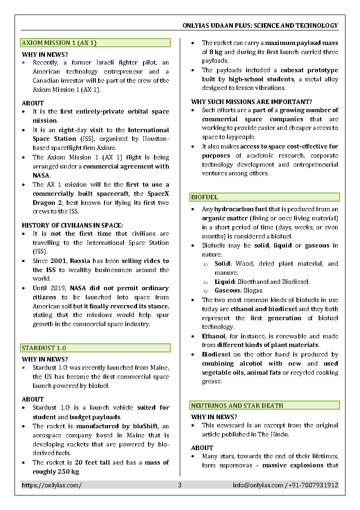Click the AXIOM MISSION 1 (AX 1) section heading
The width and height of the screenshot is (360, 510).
pos(59,43)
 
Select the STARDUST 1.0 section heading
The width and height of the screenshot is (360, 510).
pos(44,348)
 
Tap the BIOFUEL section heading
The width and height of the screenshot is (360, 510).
pos(204,197)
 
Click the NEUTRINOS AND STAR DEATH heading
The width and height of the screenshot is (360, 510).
pos(237,405)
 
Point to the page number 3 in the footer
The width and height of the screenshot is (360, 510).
pos(179,485)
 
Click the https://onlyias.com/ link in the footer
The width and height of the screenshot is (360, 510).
pos(52,485)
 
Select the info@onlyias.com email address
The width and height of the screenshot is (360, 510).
pos(258,485)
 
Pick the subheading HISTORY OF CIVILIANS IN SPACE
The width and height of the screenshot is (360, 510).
pos(72,225)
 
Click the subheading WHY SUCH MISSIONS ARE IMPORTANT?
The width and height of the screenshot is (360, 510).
pos(252,102)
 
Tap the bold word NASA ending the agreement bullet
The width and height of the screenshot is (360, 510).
pos(41,175)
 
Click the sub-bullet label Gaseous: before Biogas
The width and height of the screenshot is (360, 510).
pos(227,290)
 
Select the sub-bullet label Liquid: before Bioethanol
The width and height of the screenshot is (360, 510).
pos(225,282)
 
